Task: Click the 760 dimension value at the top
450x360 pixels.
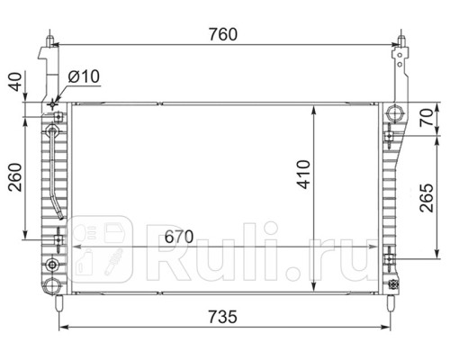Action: point(223,34)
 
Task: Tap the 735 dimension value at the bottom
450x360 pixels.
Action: point(222,317)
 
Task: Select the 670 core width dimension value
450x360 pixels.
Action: point(179,237)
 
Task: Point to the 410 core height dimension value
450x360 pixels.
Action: point(303,175)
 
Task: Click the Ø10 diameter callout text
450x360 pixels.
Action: point(84,76)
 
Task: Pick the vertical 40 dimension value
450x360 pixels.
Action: point(15,82)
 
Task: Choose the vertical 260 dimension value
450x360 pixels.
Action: point(15,177)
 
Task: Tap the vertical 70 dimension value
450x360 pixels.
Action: point(427,117)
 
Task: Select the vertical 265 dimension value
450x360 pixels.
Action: point(427,198)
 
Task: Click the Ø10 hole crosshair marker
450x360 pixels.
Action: point(53,104)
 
